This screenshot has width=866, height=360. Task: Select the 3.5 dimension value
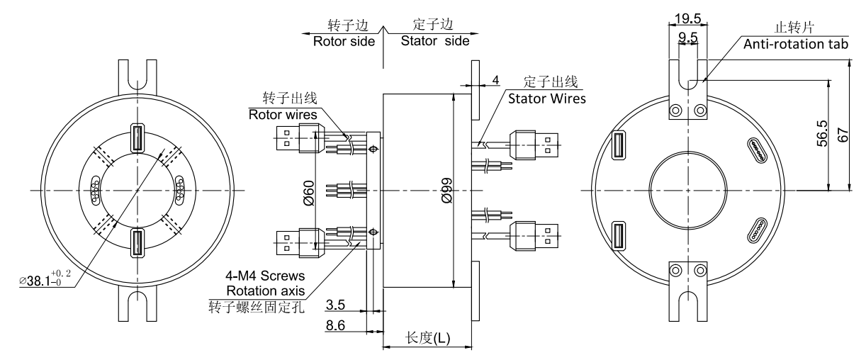coord(336,306)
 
